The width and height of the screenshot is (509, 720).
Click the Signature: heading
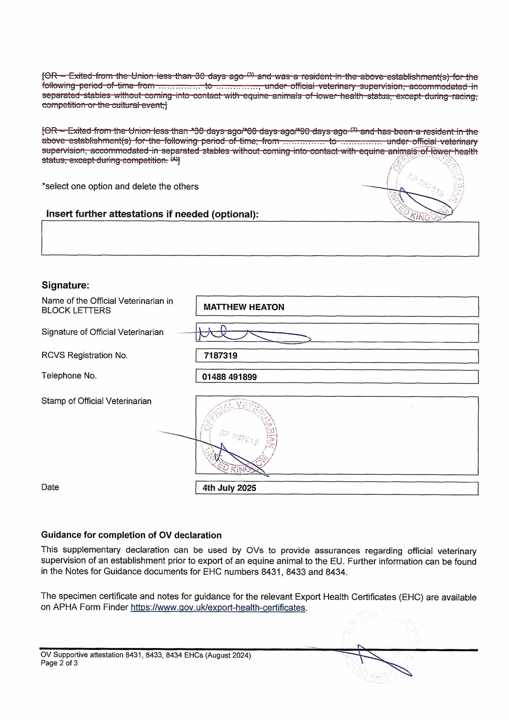[65, 285]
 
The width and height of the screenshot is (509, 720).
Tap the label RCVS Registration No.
[84, 355]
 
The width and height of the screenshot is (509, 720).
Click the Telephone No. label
[69, 376]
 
